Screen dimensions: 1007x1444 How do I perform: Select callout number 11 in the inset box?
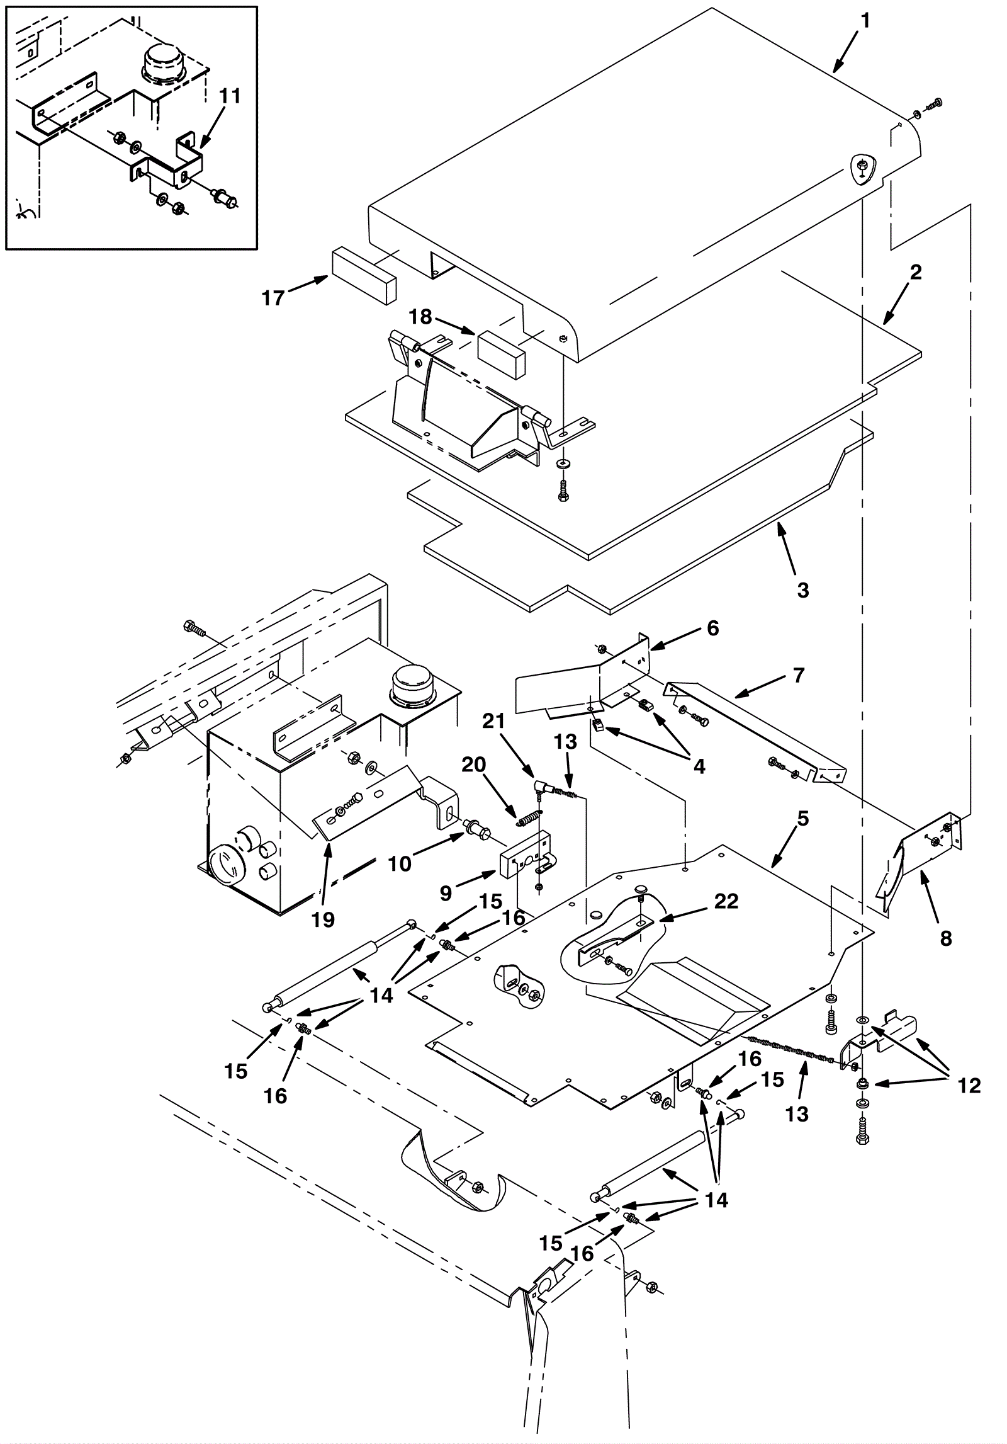click(230, 97)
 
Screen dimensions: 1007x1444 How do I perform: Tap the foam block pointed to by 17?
click(364, 276)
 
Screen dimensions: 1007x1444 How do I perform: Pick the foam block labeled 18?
click(502, 355)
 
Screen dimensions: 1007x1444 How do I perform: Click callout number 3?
click(802, 590)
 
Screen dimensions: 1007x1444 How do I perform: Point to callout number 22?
click(726, 901)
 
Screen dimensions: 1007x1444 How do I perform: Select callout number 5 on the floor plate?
click(802, 819)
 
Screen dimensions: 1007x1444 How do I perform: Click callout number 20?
click(474, 765)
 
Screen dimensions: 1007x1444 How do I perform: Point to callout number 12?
click(970, 1086)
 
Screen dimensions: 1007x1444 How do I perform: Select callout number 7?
click(799, 676)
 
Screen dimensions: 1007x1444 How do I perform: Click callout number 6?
click(712, 628)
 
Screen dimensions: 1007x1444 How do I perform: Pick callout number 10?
click(399, 863)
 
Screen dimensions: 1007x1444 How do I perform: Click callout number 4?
click(698, 766)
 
